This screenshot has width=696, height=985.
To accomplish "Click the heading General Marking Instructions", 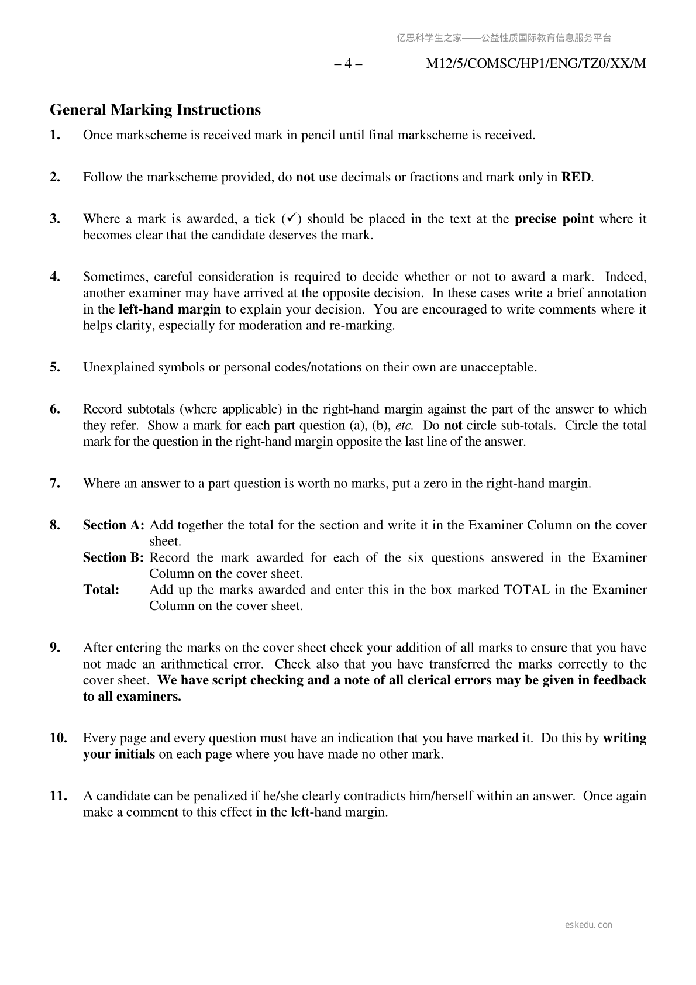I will point(155,110).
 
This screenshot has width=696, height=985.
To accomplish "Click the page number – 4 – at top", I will point(348,64).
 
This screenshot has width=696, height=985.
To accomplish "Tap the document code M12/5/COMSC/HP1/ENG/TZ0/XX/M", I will point(536,64).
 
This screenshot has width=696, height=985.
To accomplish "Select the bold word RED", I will point(576,177).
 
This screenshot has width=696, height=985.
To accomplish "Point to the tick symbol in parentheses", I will point(291,219).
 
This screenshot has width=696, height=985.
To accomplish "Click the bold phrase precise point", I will point(553,219).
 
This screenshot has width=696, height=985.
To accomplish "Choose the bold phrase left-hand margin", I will point(170,309).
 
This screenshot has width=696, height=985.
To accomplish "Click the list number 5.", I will point(55,367).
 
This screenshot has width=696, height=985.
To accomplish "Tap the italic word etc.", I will point(404,426).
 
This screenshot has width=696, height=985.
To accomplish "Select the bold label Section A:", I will point(113,525).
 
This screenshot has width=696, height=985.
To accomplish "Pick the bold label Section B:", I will point(113,557).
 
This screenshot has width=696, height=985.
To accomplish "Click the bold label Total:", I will point(101,590).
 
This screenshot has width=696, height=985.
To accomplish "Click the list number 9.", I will point(55,648).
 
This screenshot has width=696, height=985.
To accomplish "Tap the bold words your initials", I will point(119,754).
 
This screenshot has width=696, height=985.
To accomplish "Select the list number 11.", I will point(58,796).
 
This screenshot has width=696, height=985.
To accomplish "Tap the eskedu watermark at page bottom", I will point(588,925).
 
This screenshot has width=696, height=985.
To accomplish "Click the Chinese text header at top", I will point(504,38).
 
